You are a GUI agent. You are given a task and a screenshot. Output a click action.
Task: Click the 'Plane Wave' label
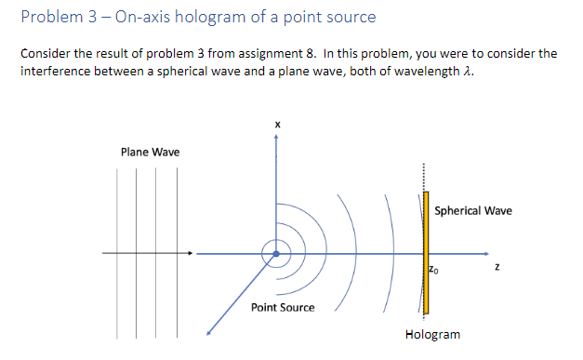(150, 152)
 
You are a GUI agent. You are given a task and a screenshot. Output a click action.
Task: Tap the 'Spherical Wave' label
(472, 210)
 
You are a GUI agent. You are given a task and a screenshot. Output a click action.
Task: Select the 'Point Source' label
(283, 307)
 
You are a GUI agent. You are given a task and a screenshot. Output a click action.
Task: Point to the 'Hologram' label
(432, 334)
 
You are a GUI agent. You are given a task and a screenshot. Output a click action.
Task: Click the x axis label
(275, 124)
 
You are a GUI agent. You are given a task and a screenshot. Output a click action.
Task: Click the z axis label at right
(498, 269)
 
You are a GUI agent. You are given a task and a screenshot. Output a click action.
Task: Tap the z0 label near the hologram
(434, 269)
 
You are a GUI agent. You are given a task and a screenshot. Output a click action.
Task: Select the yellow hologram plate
(427, 251)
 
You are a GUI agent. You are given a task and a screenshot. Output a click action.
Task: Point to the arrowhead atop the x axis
(275, 136)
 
